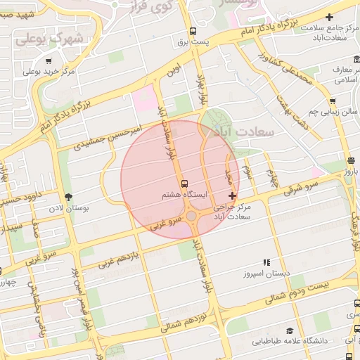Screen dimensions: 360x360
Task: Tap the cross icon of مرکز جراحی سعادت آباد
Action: [233, 195]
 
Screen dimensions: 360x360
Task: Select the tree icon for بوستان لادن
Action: [68, 198]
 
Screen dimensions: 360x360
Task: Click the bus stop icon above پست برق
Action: [193, 31]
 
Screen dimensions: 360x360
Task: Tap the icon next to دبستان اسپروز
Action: [266, 262]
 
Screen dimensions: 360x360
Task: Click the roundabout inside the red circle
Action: [192, 215]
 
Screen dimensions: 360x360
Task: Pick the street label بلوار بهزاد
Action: [203, 91]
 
